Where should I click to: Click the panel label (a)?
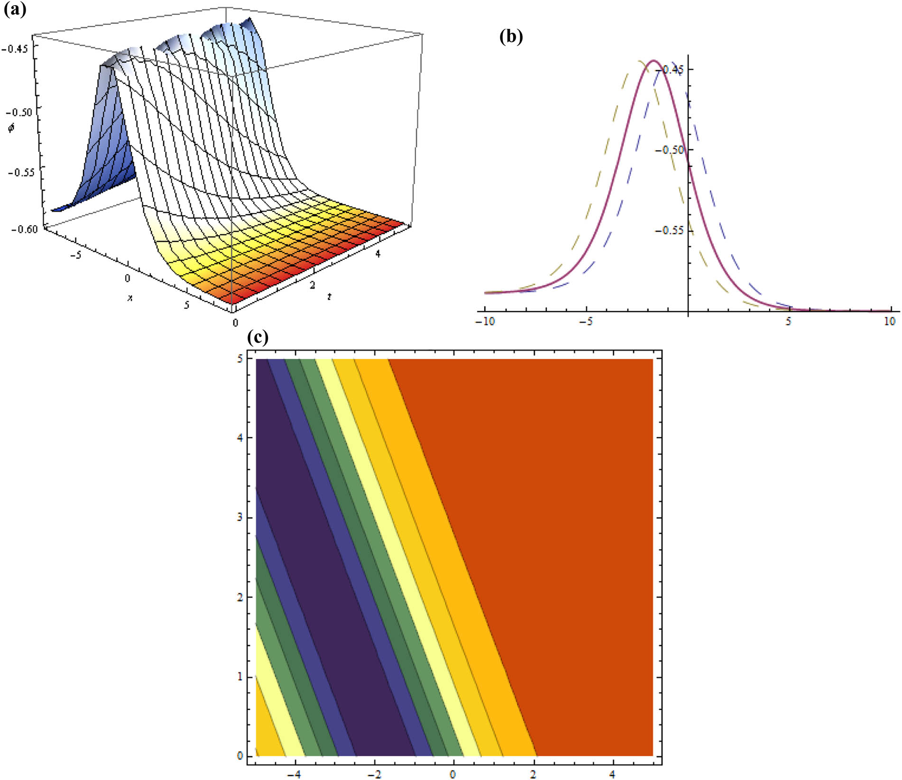pos(15,9)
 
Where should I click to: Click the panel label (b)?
pos(511,37)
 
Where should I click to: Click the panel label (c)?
pos(258,337)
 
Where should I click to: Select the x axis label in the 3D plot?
pos(129,297)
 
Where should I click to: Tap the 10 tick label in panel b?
pos(889,321)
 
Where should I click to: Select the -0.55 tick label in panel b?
pos(669,230)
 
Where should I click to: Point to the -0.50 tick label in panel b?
pos(669,150)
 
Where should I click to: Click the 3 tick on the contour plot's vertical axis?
pos(240,517)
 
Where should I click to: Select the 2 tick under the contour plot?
pos(534,774)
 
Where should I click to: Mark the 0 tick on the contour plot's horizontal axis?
pos(453,774)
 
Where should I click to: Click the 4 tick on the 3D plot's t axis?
pos(377,253)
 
